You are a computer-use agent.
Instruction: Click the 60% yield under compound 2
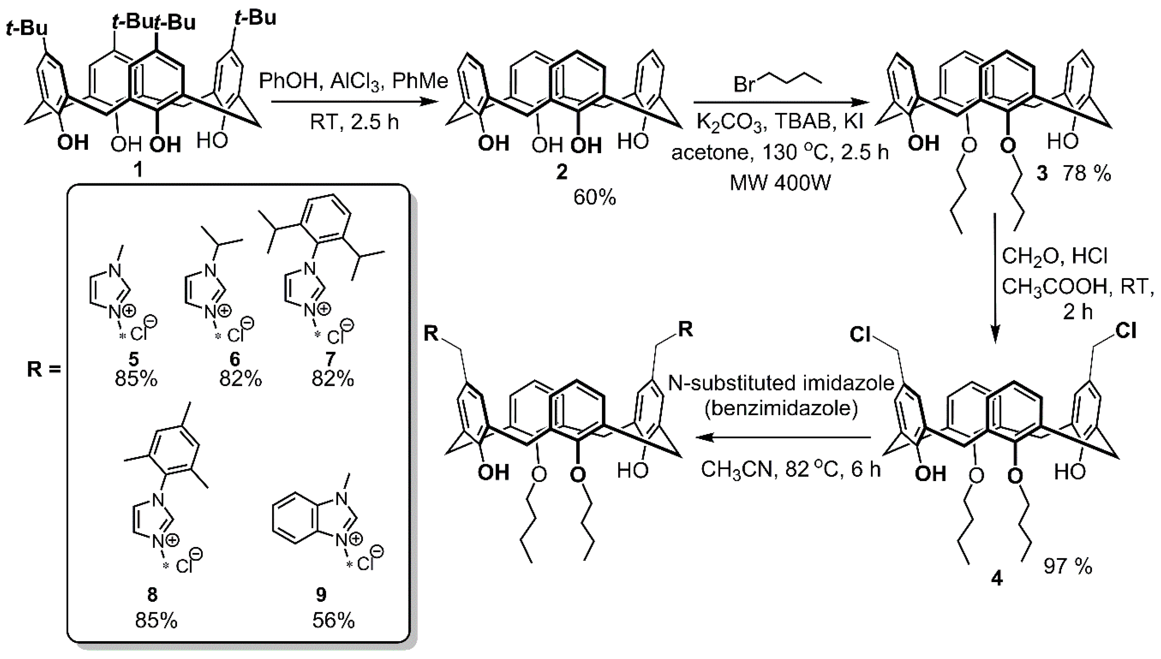tap(594, 197)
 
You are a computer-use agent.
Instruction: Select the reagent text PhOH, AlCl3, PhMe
tap(353, 82)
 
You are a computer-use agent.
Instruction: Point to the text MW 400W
tap(780, 183)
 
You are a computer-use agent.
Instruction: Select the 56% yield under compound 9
tap(333, 621)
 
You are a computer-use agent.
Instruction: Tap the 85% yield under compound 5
tap(136, 379)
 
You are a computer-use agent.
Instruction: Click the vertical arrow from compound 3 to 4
tap(995, 281)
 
